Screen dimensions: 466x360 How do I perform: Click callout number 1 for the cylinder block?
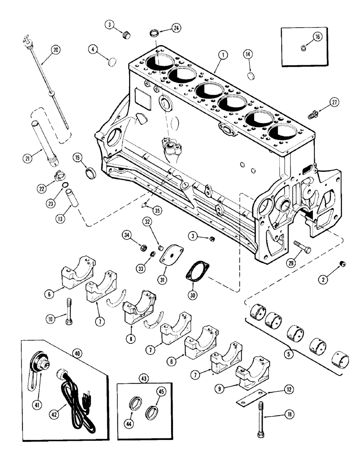pos(224,55)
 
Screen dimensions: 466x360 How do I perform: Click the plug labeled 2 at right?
pos(343,264)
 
